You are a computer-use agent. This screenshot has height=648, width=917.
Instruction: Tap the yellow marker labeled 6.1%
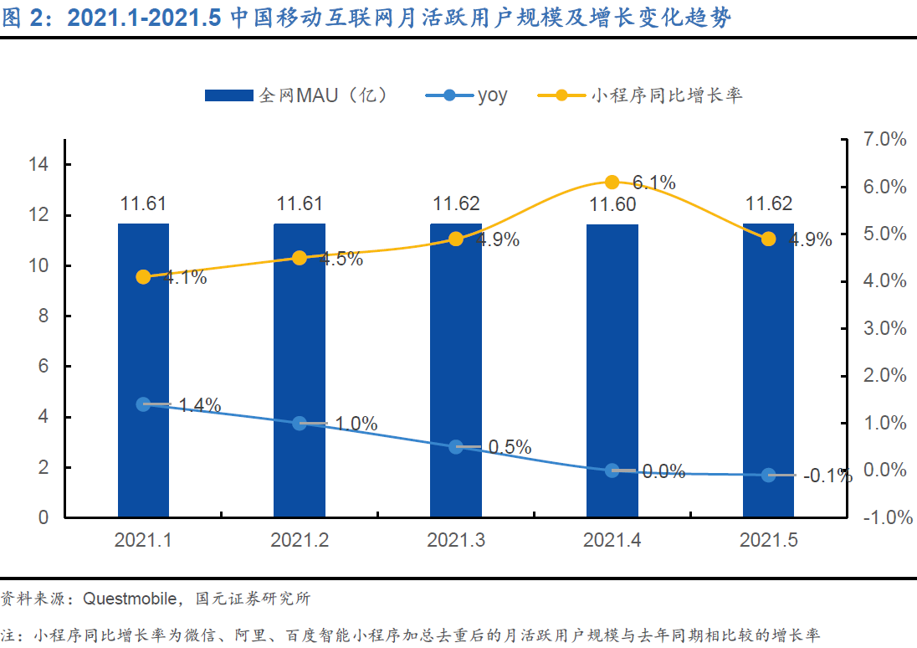(x=612, y=183)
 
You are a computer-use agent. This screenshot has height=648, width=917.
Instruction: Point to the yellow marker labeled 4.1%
(x=143, y=277)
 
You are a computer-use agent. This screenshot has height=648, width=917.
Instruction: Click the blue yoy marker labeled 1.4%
(x=143, y=404)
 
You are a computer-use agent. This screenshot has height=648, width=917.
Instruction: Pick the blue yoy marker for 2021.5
(x=768, y=476)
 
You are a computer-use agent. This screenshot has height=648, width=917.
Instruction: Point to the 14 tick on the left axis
(x=38, y=165)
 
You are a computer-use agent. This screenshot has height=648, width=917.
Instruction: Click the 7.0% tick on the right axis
(x=884, y=140)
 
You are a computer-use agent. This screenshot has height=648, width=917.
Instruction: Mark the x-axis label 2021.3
(x=456, y=541)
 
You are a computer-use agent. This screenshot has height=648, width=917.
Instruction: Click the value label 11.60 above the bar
(x=612, y=204)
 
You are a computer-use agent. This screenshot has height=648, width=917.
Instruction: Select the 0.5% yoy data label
(x=510, y=448)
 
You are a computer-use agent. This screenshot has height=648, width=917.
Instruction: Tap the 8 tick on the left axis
(x=42, y=316)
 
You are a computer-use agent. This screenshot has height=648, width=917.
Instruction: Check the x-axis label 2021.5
(x=768, y=541)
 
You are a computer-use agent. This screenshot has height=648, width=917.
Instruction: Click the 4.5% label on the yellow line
(x=341, y=259)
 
